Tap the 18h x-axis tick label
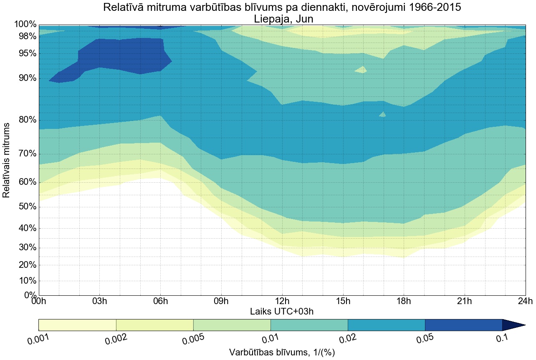point(404,301)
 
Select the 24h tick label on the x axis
point(525,301)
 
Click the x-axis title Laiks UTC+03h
point(282,311)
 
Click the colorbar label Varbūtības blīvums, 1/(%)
point(282,352)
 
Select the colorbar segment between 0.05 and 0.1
point(463,325)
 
